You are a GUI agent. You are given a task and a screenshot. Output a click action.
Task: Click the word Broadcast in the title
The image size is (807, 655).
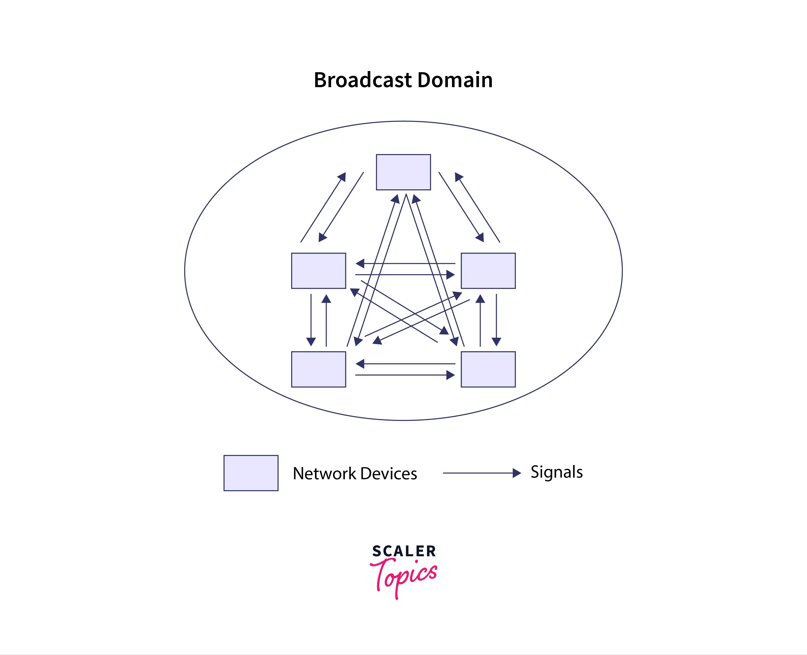point(362,80)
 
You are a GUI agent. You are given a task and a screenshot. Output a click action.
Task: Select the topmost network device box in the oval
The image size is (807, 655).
point(403,172)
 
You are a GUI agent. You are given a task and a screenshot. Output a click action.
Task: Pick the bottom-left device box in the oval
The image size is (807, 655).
point(318,369)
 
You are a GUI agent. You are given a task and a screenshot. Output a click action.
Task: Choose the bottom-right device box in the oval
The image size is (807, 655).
point(488,369)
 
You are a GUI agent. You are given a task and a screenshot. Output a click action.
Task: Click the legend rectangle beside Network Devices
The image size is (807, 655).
point(251,473)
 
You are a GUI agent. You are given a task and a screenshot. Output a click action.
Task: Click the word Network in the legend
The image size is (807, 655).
point(324,474)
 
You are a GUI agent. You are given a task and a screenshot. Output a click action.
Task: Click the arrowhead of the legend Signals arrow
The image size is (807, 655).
point(517,473)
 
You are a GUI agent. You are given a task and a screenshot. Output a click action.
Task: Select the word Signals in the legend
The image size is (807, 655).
point(557,472)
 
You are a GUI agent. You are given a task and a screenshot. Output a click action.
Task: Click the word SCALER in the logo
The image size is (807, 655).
point(404,551)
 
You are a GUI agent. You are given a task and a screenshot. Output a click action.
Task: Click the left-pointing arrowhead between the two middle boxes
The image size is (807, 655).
point(360,263)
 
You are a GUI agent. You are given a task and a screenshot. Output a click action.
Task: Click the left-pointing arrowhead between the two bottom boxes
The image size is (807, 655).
point(360,364)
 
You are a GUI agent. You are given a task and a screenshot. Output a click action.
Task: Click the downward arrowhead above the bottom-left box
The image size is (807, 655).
point(311,342)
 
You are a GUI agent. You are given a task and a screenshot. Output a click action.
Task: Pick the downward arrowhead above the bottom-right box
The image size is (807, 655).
point(496,342)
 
